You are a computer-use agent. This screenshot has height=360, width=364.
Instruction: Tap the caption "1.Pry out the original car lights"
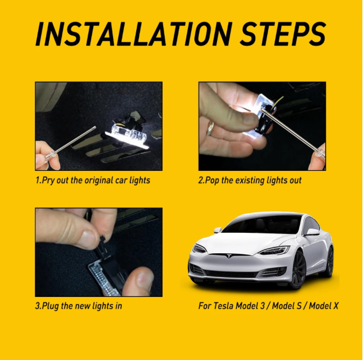coord(93,180)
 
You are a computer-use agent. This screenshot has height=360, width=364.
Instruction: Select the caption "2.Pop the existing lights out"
coord(250,180)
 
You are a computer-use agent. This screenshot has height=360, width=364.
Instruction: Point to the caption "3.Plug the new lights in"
coord(79,306)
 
